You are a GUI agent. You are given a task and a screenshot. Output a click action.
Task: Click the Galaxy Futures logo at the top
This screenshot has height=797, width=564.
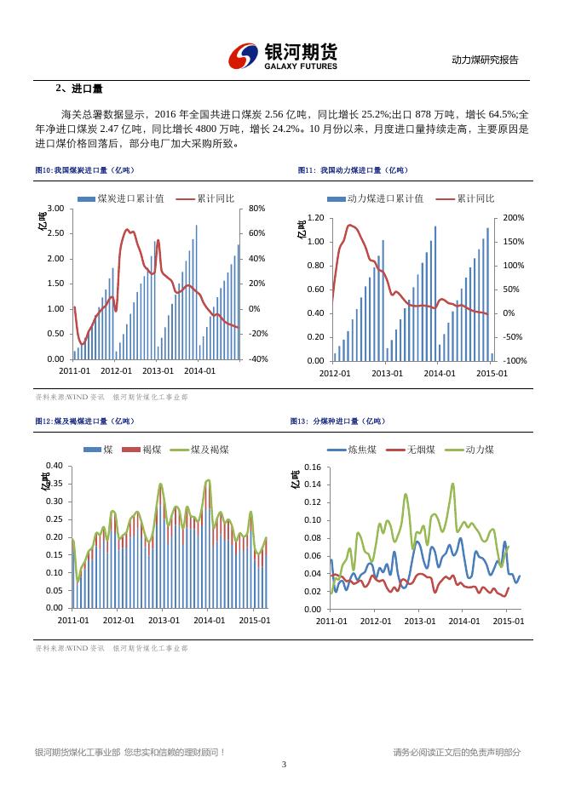282,57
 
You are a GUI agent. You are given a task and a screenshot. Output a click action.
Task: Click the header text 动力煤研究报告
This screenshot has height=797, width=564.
484,60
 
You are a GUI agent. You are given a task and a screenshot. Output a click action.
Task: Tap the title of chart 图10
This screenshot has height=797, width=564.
84,170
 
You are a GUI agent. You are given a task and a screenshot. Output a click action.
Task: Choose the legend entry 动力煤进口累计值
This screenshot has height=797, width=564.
385,198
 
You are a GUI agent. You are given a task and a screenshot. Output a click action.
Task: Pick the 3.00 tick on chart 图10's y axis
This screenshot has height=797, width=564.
55,209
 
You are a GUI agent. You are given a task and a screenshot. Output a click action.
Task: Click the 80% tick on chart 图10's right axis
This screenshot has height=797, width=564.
256,209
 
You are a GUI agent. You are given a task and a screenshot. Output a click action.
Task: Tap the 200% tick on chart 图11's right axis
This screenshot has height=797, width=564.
515,218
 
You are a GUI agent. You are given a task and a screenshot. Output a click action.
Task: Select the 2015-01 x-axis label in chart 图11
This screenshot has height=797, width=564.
492,373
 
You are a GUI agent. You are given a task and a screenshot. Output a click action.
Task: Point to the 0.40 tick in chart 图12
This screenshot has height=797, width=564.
54,466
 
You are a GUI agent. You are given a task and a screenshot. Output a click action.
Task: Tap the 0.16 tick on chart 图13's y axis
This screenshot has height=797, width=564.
311,467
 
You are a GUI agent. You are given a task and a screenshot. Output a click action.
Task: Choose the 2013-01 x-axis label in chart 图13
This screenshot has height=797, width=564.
419,621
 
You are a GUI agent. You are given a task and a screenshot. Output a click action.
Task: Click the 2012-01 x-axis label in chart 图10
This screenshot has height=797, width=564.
117,370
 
